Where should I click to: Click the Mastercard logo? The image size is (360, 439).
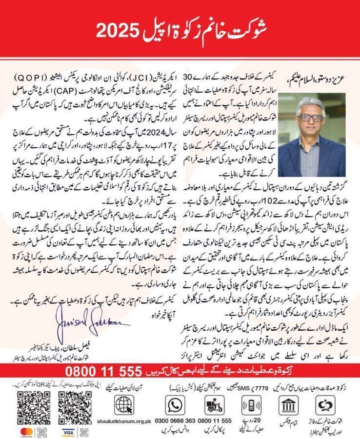(x=19, y=432)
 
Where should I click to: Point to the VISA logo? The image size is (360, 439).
(x=68, y=432)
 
